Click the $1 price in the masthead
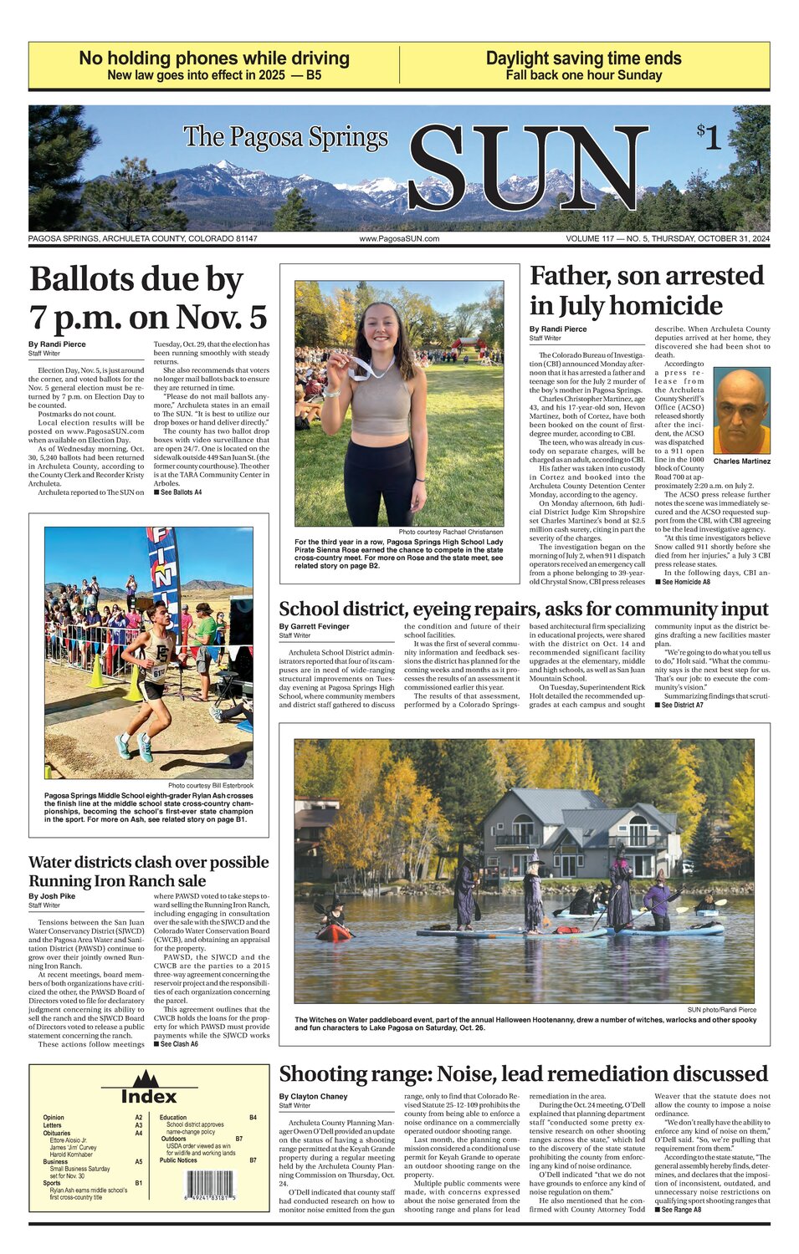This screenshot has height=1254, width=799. pyautogui.click(x=709, y=136)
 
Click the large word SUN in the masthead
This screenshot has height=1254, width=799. pyautogui.click(x=527, y=170)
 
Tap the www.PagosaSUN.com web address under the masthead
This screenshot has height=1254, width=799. pyautogui.click(x=399, y=239)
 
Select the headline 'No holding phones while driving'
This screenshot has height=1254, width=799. pyautogui.click(x=214, y=59)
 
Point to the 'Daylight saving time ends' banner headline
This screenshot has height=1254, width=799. pyautogui.click(x=583, y=59)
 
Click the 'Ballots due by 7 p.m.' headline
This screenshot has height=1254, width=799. pyautogui.click(x=148, y=298)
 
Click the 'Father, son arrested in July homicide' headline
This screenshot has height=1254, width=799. pyautogui.click(x=647, y=290)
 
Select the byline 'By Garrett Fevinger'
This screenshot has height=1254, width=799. pyautogui.click(x=315, y=626)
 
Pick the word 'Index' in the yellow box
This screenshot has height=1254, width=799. pyautogui.click(x=149, y=1096)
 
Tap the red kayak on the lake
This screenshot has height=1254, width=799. pyautogui.click(x=333, y=930)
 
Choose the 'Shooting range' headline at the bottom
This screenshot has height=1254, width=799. pyautogui.click(x=523, y=1073)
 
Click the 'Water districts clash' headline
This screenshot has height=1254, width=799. pyautogui.click(x=149, y=871)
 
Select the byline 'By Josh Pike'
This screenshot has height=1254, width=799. pyautogui.click(x=52, y=896)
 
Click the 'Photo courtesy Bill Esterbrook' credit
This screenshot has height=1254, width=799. pyautogui.click(x=210, y=786)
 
